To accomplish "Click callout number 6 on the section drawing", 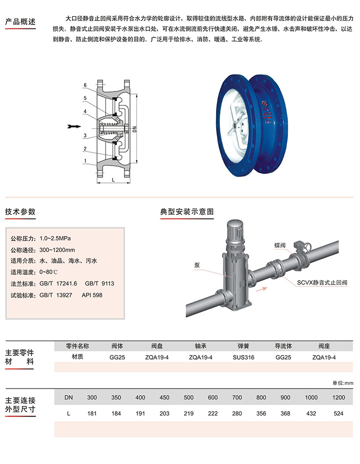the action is tap(85, 85).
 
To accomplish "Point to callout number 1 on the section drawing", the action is tap(85, 161).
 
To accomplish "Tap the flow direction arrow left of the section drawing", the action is tap(74, 126).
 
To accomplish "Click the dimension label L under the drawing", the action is tap(113, 179).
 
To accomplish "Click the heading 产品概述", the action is tap(20, 21).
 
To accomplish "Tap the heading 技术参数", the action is tap(20, 211).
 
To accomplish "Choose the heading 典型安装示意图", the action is tap(186, 211).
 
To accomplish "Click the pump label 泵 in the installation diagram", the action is tap(197, 265).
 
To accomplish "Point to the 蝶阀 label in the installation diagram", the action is tap(280, 245).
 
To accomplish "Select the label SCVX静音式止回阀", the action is tap(322, 282).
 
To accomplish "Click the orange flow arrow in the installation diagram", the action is tap(261, 289).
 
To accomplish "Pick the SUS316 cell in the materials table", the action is tap(243, 357).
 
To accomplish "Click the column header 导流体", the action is tap(283, 346).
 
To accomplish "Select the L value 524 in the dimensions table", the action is tap(338, 413).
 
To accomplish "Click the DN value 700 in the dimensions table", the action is tap(237, 397).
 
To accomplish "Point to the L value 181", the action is tap(92, 413).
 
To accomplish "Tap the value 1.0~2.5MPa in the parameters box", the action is tap(55, 238).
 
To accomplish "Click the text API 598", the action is tap(92, 295).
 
